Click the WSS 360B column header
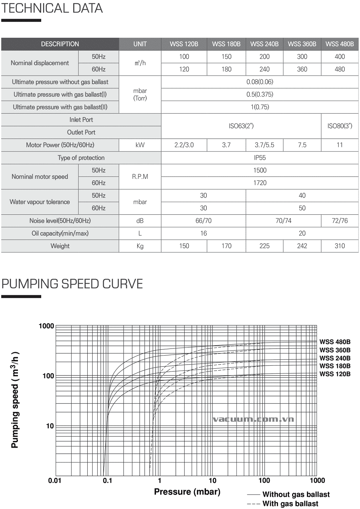302,44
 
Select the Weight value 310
339,246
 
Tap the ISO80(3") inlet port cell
339,126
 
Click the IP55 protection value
260,157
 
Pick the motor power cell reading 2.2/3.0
184,145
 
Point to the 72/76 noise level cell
339,221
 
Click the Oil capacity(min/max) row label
60,233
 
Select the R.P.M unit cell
140,177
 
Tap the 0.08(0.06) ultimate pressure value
260,82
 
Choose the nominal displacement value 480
339,69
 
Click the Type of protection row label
81,157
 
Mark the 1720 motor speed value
260,183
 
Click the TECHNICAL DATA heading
52,8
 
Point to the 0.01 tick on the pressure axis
55,480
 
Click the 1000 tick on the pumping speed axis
47,326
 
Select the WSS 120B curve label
335,374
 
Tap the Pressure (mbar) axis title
187,492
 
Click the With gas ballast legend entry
290,504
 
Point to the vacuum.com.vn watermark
253,419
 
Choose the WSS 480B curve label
335,342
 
